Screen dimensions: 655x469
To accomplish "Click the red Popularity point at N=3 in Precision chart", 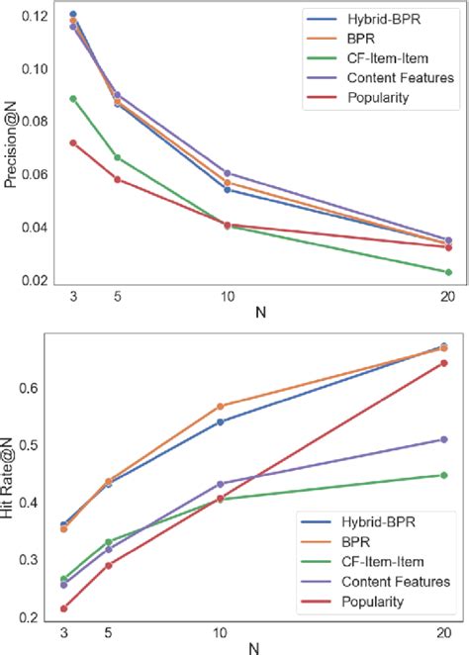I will [x=73, y=143].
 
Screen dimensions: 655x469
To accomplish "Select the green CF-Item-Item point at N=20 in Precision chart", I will [x=448, y=272].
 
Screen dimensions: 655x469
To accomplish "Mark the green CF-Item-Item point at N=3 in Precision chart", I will [x=73, y=99].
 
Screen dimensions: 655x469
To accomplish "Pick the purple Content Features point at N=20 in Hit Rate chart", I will [x=443, y=439].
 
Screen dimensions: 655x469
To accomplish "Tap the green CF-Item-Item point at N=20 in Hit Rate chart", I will [x=443, y=475].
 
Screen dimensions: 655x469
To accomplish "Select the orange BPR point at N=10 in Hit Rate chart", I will [x=219, y=407].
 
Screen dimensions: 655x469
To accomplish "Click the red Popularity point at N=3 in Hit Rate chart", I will [x=64, y=608].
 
